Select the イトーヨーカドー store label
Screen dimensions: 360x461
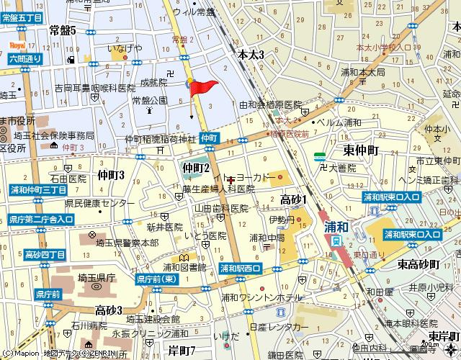click(246, 177)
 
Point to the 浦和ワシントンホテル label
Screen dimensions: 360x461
click(262, 297)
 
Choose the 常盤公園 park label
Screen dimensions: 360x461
click(149, 100)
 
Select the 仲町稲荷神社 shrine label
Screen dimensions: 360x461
click(160, 138)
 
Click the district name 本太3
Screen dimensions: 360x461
click(251, 55)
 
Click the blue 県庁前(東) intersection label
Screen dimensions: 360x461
click(156, 278)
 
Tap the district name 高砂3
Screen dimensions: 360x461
click(109, 310)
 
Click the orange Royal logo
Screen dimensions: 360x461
click(17, 45)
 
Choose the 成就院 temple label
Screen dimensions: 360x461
click(153, 82)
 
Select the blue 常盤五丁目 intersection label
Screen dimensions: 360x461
click(22, 17)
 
